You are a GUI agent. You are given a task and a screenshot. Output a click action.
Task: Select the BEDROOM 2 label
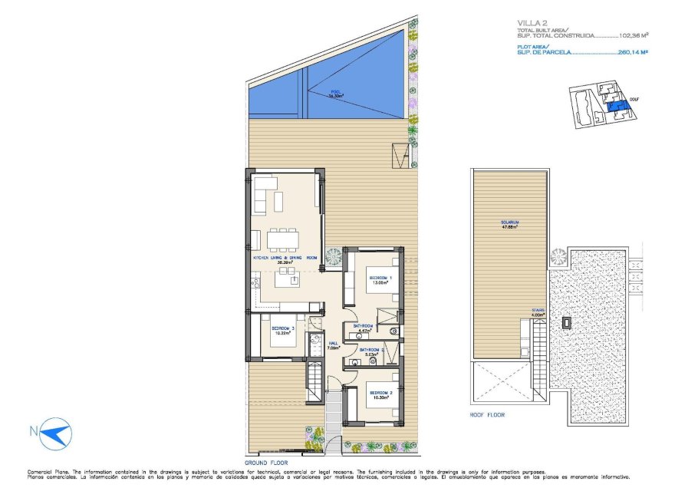380,394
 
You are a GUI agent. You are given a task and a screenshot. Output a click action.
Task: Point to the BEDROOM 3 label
282,330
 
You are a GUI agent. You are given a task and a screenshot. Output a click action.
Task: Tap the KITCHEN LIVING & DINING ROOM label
285,259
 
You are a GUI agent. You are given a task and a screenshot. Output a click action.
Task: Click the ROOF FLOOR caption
487,415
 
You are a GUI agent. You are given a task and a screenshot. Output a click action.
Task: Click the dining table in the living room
284,239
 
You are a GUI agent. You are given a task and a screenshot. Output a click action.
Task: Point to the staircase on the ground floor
314,381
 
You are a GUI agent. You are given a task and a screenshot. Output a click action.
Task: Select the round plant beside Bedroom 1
334,259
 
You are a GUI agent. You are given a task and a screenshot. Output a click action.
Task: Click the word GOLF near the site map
634,99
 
